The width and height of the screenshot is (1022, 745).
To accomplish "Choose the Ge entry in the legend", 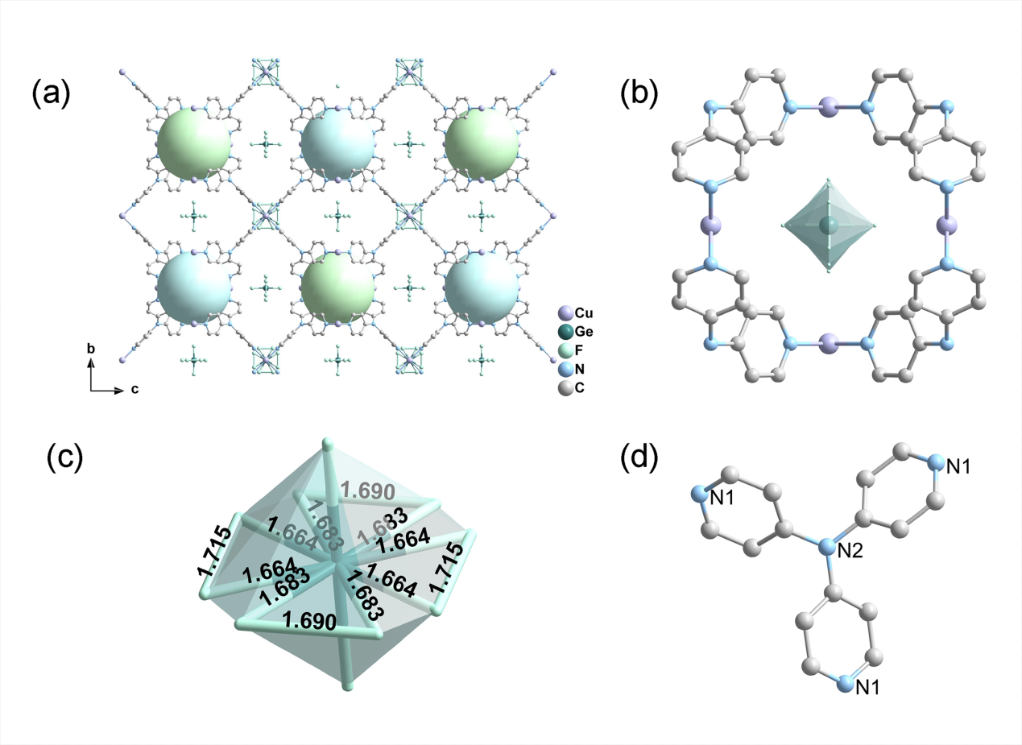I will (565, 331).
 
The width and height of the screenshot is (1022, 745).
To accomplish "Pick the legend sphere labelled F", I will (565, 350).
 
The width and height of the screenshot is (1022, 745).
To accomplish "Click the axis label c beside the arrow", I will (134, 390).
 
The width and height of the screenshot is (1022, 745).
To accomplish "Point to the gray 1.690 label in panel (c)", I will (366, 490).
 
